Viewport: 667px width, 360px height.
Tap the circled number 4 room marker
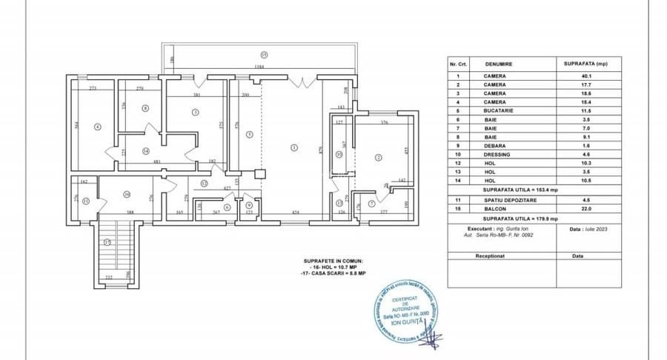click(x=97, y=127)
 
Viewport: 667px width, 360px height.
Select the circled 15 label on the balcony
click(x=263, y=54)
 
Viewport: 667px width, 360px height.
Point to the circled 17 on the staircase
click(x=107, y=242)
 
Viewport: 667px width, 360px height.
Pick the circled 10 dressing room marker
click(x=339, y=154)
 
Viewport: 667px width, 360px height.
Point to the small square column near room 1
click(x=259, y=174)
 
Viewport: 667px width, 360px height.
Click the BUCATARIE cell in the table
click(x=495, y=110)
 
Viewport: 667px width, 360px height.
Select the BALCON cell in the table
click(x=495, y=210)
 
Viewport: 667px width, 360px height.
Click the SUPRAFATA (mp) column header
click(x=588, y=64)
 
